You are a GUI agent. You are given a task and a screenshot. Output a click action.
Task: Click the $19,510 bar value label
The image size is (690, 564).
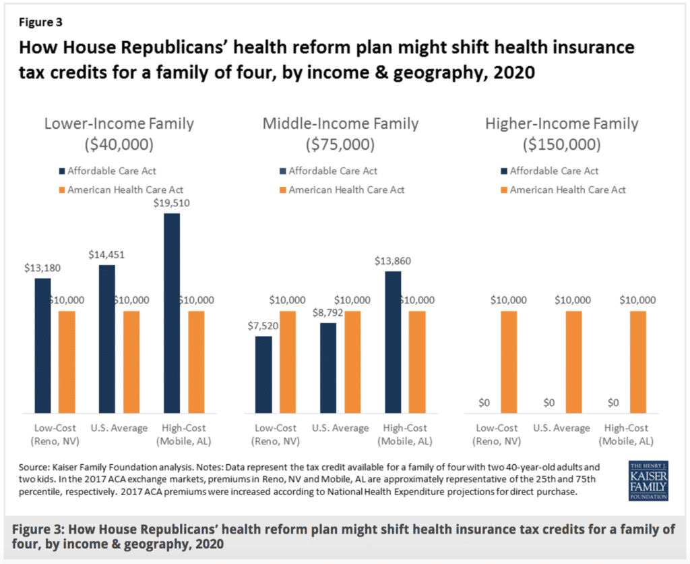(x=171, y=204)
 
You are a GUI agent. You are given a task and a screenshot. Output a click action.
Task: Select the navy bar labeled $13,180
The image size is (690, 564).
(x=43, y=345)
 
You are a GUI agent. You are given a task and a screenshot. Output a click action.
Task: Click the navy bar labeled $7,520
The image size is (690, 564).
(x=263, y=374)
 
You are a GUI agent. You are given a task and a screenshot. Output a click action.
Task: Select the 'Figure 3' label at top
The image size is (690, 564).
(x=40, y=22)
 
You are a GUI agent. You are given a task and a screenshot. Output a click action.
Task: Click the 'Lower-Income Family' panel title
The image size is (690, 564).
(x=119, y=123)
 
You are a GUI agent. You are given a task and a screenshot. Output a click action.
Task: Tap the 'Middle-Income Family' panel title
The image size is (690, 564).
(x=340, y=123)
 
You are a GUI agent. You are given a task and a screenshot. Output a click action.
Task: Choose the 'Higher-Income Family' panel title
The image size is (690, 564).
(x=561, y=123)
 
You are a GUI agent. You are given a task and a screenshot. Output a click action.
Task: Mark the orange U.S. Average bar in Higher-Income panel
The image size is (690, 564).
(x=573, y=362)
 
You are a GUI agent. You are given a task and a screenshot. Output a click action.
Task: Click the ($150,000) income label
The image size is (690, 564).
(x=561, y=145)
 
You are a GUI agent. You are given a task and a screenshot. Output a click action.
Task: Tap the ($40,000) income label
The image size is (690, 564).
(x=119, y=145)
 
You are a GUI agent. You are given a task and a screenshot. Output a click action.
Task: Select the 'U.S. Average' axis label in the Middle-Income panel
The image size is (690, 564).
(x=340, y=428)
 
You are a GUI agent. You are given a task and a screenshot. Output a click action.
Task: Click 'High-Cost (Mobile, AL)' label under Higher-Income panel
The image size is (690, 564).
(x=626, y=434)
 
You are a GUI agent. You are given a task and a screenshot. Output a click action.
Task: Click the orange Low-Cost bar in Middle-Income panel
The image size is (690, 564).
(x=288, y=362)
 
